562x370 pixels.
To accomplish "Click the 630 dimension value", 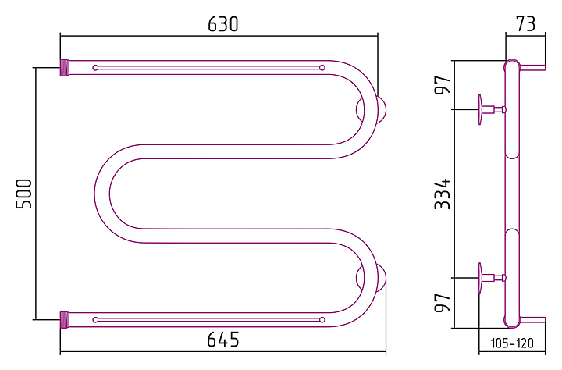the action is pyautogui.click(x=222, y=24).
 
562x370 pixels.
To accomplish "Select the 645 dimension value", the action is pyautogui.click(x=222, y=339).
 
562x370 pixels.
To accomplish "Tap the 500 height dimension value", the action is pyautogui.click(x=24, y=194).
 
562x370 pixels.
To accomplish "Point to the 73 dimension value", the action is pyautogui.click(x=525, y=24).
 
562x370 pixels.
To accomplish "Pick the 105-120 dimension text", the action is pyautogui.click(x=512, y=343).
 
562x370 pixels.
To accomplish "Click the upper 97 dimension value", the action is pyautogui.click(x=442, y=85).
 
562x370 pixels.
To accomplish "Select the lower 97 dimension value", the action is pyautogui.click(x=442, y=303).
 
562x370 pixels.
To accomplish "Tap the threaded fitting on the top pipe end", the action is pyautogui.click(x=65, y=67).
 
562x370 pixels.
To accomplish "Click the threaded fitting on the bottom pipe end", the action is pyautogui.click(x=65, y=319).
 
